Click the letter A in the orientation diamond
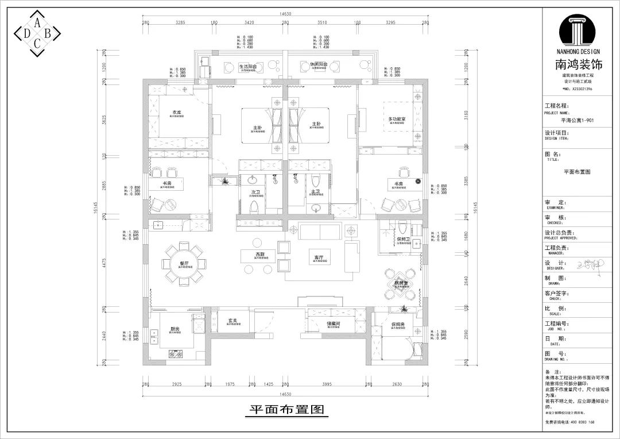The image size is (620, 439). [x=37, y=22]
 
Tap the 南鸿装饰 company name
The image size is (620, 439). [x=580, y=65]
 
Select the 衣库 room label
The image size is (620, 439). [x=176, y=112]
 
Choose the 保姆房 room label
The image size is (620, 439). [x=400, y=324]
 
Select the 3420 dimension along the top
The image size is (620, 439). [x=249, y=23]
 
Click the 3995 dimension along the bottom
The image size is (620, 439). [x=327, y=384]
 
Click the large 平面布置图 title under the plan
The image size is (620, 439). [x=286, y=410]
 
